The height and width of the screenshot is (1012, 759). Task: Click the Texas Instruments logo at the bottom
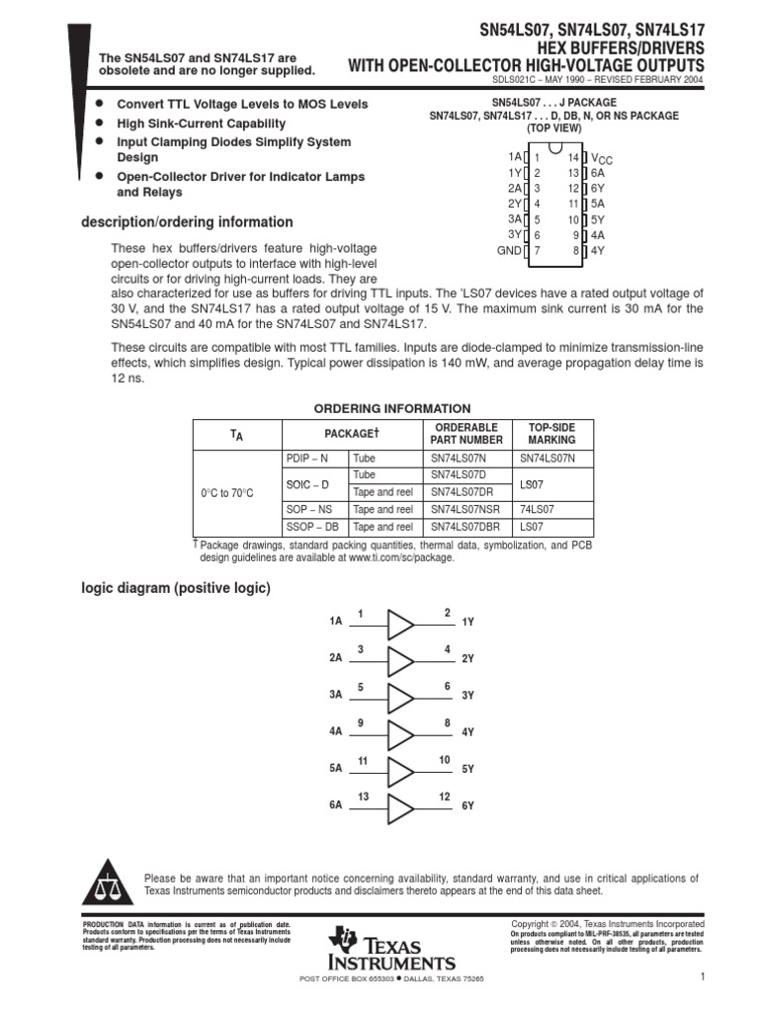pyautogui.click(x=393, y=950)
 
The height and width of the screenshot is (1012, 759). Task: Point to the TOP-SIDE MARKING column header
pyautogui.click(x=551, y=433)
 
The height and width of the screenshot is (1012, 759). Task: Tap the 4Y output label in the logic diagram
pyautogui.click(x=468, y=732)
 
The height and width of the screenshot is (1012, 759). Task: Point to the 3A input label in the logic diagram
pyautogui.click(x=335, y=696)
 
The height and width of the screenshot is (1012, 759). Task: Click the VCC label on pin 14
pyautogui.click(x=602, y=158)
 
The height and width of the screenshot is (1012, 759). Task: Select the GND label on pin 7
pyautogui.click(x=508, y=251)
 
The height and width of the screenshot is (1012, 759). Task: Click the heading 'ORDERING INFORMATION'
pyautogui.click(x=392, y=408)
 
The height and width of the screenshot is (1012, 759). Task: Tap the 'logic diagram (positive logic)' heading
pyautogui.click(x=175, y=588)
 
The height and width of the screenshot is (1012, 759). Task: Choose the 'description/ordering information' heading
pyautogui.click(x=187, y=222)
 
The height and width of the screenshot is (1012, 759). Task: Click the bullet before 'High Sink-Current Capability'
pyautogui.click(x=99, y=124)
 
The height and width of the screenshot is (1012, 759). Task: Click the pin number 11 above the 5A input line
pyautogui.click(x=363, y=760)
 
